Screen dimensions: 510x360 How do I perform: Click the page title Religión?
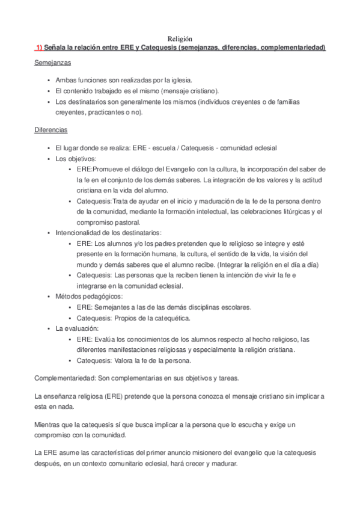(x=180, y=38)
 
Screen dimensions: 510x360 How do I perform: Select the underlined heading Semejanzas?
(x=53, y=63)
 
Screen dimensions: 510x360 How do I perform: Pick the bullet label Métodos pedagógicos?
(x=89, y=296)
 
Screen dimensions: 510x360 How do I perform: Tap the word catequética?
(x=171, y=318)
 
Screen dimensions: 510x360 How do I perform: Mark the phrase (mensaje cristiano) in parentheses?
(x=187, y=91)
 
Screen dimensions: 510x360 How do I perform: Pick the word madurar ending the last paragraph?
(x=226, y=464)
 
